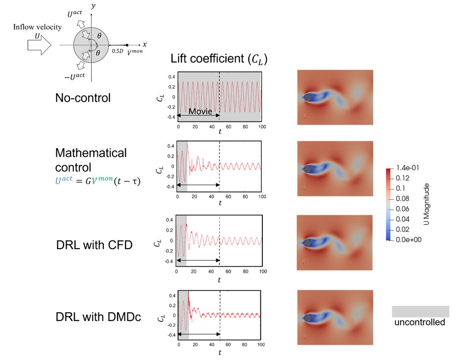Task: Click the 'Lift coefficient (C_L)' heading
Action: point(218,58)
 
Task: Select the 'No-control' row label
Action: point(83,98)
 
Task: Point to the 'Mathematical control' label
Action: point(91,159)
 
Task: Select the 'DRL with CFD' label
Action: point(94,246)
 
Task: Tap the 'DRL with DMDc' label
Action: point(98,317)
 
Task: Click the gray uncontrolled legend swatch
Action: point(420,311)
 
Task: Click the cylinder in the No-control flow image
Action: point(307,97)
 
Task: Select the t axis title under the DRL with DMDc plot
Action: point(219,351)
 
